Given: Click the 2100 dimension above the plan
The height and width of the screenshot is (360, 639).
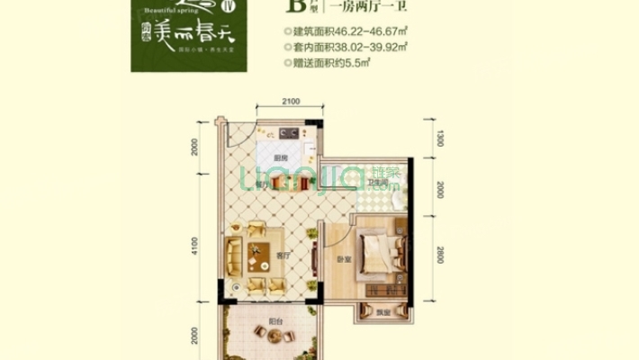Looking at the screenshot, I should (x=289, y=103).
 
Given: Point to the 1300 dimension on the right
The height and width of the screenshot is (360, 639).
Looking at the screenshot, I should (x=440, y=138).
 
